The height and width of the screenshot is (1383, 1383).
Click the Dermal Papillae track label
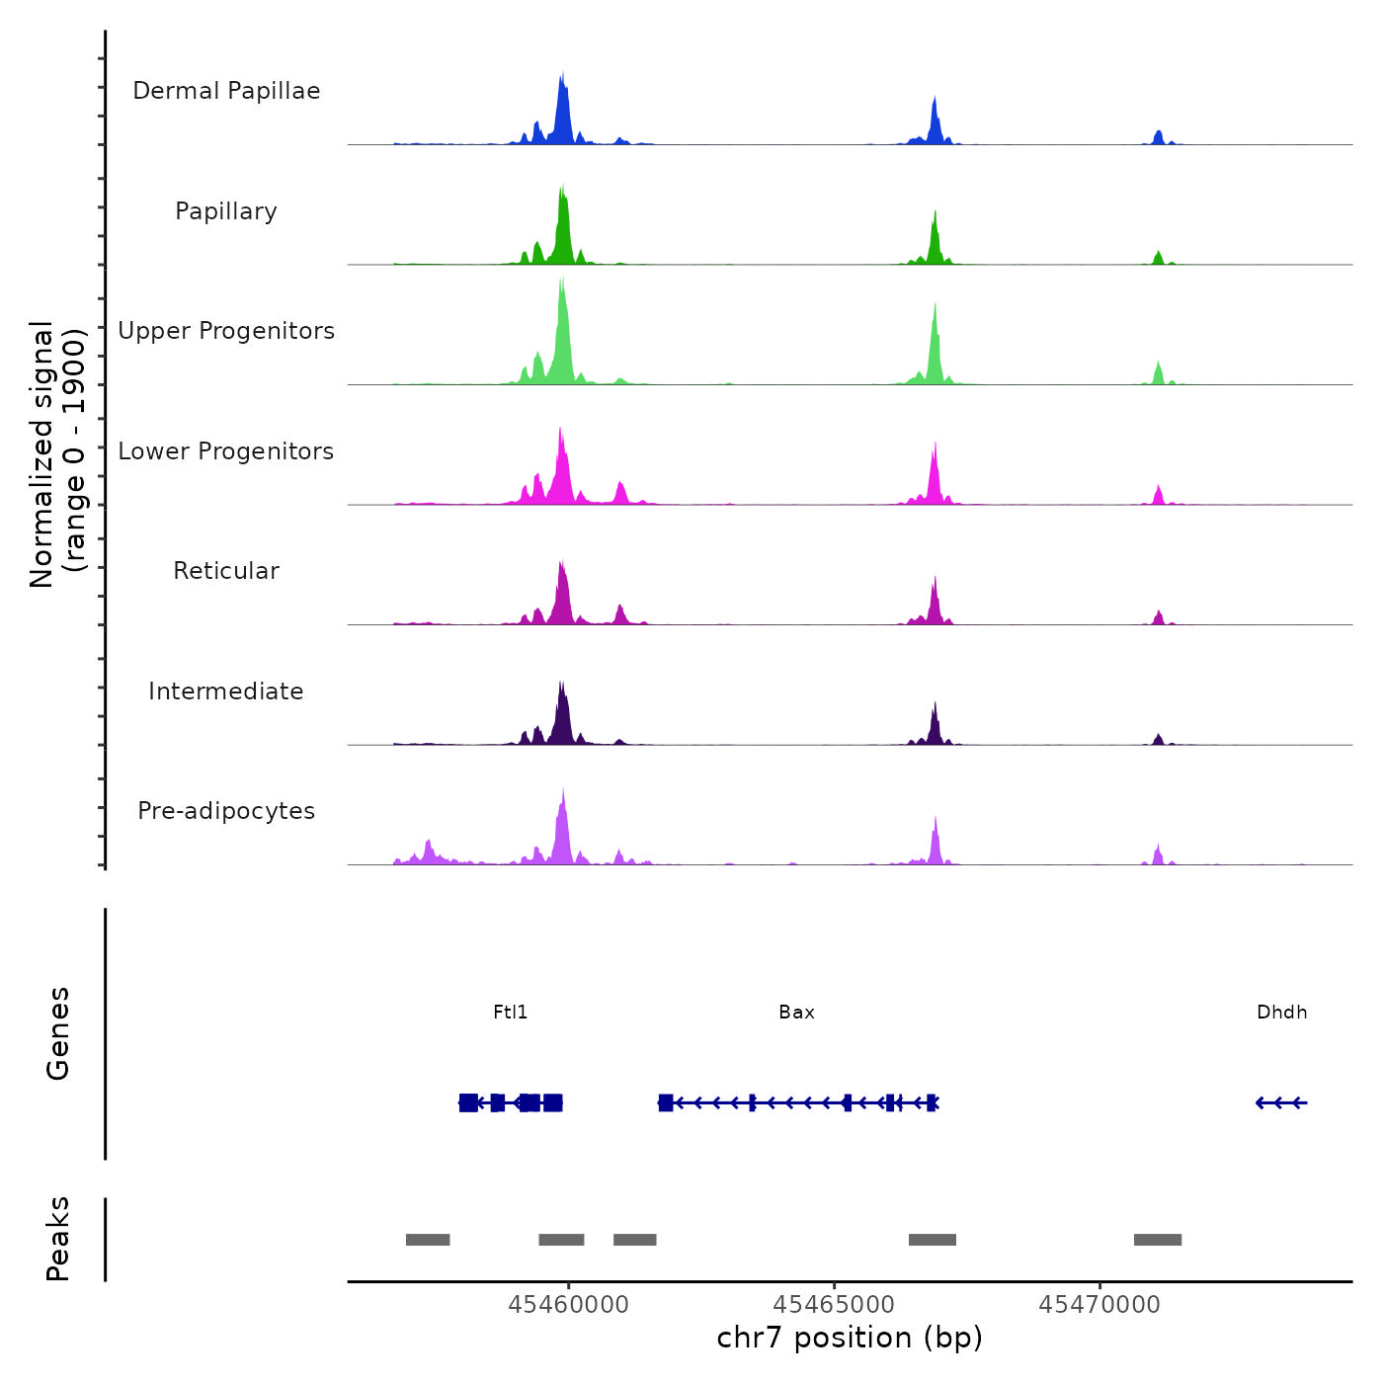(x=226, y=91)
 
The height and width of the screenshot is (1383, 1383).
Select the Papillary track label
(x=226, y=211)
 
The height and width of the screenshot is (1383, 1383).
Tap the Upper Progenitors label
(x=226, y=331)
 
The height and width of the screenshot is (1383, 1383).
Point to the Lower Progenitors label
(x=226, y=451)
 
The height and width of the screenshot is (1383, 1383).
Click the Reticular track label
(x=226, y=571)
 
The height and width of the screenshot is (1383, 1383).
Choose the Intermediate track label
(x=226, y=691)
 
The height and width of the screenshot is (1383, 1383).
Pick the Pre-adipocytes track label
(x=226, y=811)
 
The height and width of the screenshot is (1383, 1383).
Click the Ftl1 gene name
(x=511, y=1013)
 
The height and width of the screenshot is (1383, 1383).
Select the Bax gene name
(x=796, y=1013)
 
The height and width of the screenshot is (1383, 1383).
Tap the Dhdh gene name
(x=1281, y=1013)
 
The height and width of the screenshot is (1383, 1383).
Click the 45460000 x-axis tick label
(x=568, y=1305)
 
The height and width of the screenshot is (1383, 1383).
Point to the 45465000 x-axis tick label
(x=834, y=1305)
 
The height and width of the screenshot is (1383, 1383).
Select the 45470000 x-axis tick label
(x=1099, y=1305)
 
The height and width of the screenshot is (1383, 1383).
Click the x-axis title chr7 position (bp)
(x=850, y=1338)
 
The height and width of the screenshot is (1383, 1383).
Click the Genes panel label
(x=58, y=1033)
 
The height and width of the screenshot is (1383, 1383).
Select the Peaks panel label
(x=58, y=1239)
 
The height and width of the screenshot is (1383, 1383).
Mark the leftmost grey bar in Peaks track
(x=428, y=1240)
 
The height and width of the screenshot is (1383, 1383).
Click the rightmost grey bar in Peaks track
(x=1157, y=1240)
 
